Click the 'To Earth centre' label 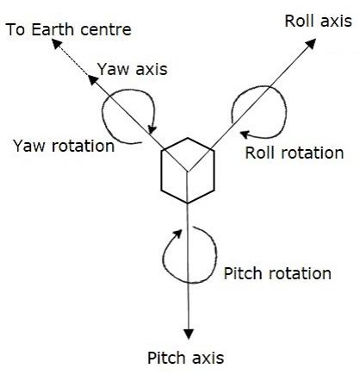68,30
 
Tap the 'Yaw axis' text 132,68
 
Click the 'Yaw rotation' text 64,145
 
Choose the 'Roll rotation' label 295,153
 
